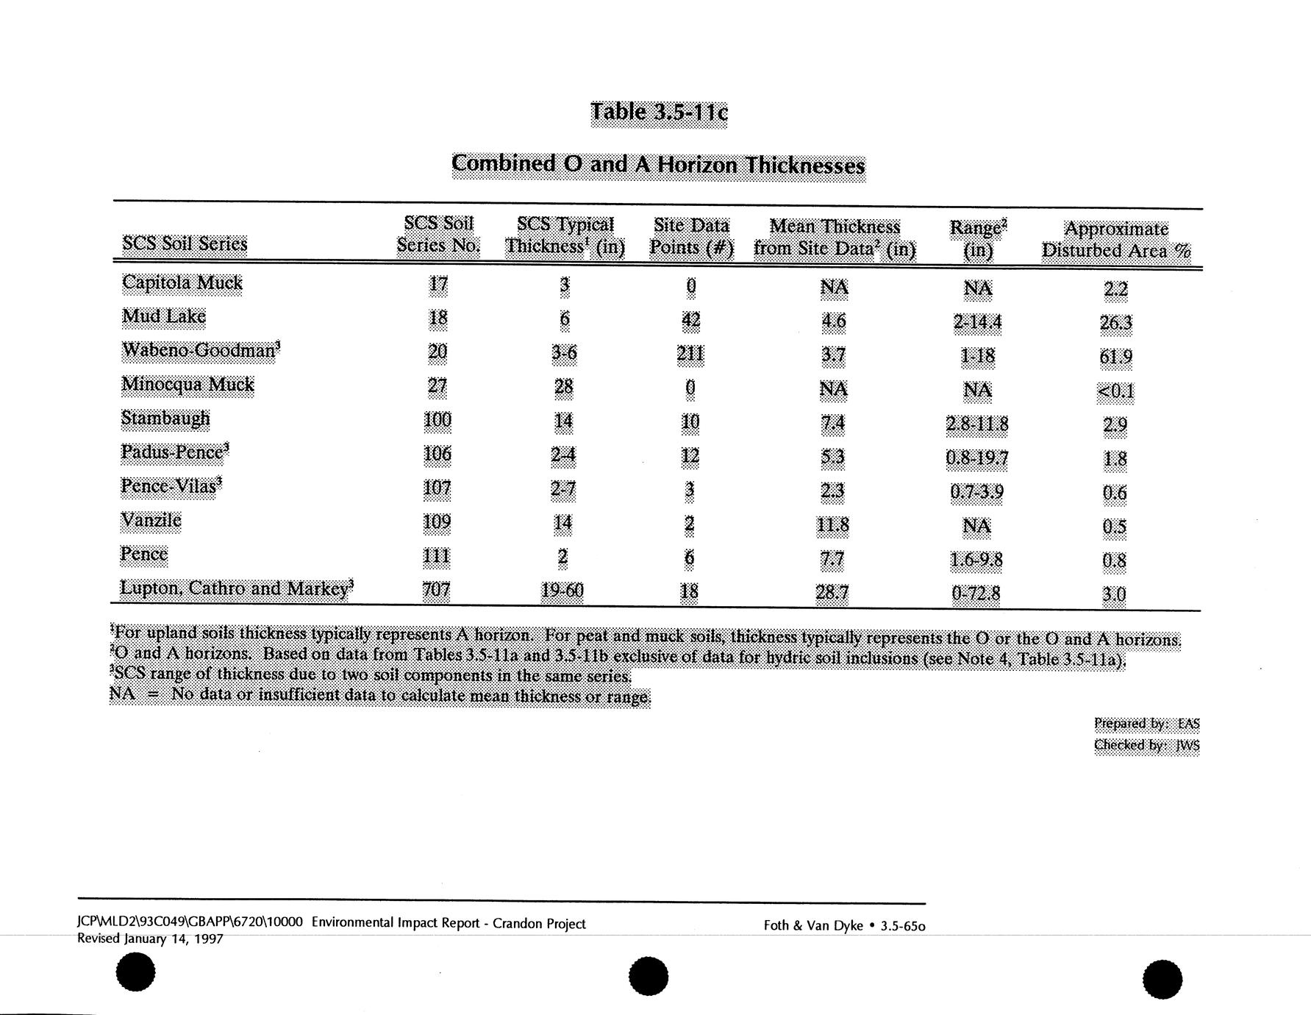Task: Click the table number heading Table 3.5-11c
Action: pos(659,113)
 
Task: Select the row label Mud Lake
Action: pos(163,316)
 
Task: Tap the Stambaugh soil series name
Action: pos(165,419)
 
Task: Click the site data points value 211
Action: pos(690,355)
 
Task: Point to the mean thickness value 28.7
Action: pos(832,592)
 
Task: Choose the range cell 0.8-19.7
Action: pos(977,459)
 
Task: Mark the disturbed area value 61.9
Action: pos(1115,357)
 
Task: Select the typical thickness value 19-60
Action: pos(562,591)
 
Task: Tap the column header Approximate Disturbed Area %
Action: pos(1115,240)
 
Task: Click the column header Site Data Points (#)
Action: pos(691,236)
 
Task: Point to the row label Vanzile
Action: pos(151,521)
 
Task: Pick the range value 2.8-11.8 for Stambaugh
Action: pos(977,424)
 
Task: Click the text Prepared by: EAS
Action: pos(1146,724)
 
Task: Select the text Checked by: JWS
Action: pos(1146,745)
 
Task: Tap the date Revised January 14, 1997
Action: pos(150,939)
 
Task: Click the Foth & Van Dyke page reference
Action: pos(844,925)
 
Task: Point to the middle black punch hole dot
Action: pos(649,977)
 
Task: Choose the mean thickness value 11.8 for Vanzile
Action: pos(832,525)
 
